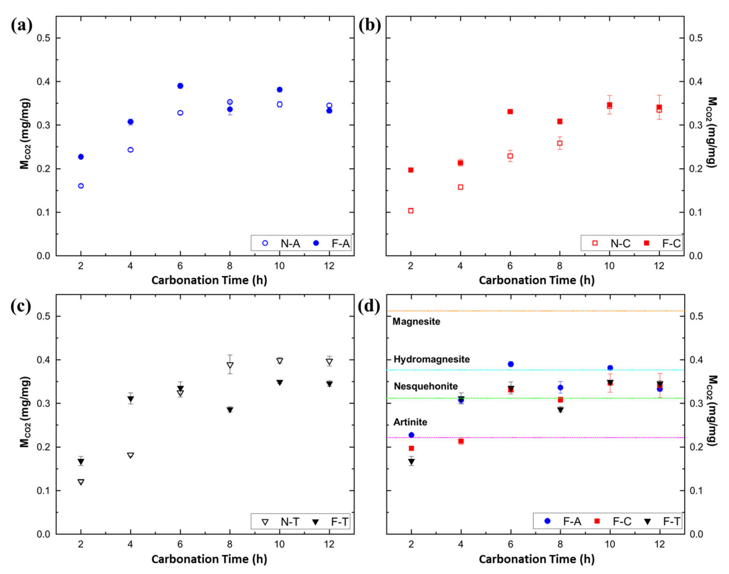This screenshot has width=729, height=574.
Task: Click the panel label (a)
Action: click(x=21, y=25)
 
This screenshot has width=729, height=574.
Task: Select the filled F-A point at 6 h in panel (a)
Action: click(x=180, y=86)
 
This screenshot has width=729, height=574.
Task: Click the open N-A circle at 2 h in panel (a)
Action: click(x=81, y=186)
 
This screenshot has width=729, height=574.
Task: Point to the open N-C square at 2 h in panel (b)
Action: click(x=411, y=211)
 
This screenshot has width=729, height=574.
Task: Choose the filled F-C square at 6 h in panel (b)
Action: click(x=510, y=111)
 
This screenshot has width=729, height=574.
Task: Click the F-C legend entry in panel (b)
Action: click(x=663, y=243)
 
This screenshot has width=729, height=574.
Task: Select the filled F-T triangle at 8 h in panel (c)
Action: click(x=230, y=410)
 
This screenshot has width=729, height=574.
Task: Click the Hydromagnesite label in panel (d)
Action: click(x=431, y=359)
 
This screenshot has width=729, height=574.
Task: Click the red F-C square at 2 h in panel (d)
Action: click(x=411, y=448)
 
